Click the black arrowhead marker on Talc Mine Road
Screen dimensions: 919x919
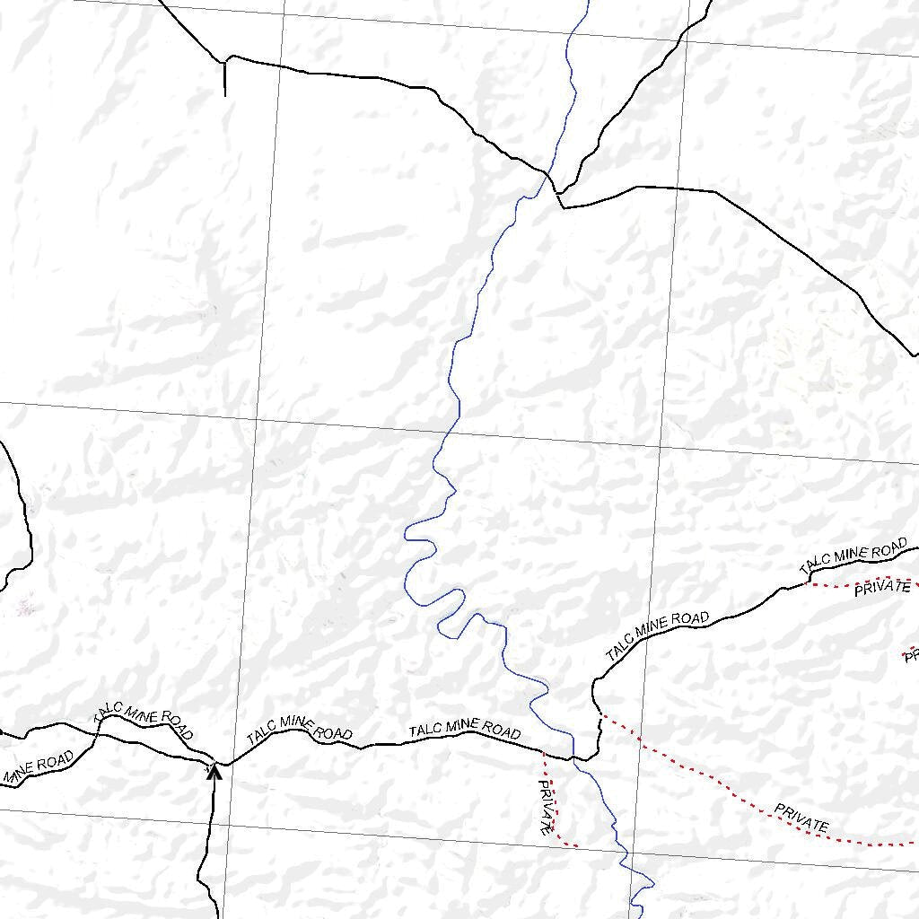214,771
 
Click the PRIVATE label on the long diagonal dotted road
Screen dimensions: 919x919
801,818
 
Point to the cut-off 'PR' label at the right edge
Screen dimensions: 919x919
910,656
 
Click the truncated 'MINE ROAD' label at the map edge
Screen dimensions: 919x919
36,768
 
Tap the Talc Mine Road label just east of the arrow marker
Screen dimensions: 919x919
299,728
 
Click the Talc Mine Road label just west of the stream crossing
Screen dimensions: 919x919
464,730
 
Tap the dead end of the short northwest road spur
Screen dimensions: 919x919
224,95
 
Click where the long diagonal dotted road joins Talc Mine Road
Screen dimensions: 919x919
600,714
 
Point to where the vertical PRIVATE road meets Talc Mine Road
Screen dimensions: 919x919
544,751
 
